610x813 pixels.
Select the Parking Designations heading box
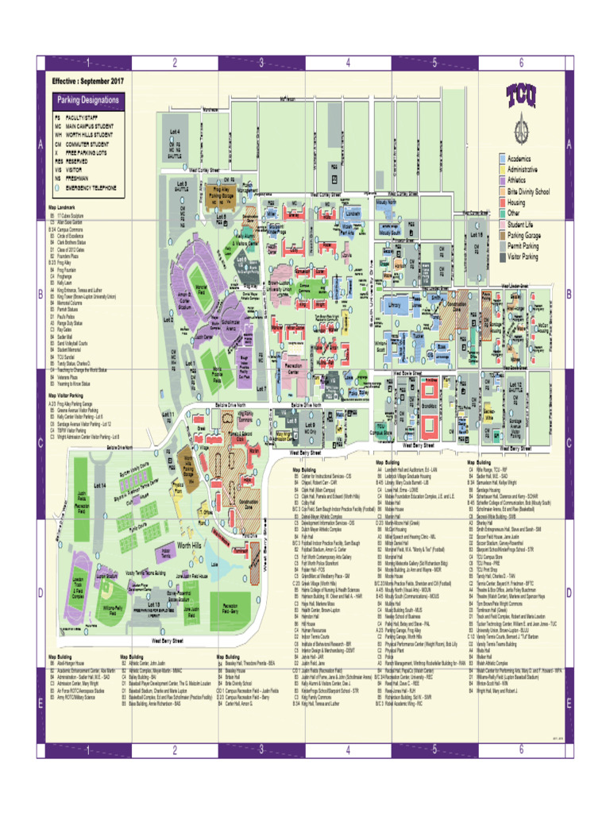pos(87,101)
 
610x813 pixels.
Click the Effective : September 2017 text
pos(88,81)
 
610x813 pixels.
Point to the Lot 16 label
pos(477,235)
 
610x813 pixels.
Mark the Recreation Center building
pos(293,369)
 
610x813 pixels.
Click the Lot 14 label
pos(100,484)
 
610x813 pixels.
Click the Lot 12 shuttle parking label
pos(515,387)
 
